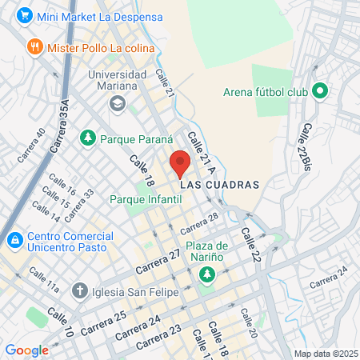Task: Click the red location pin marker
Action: [x=180, y=162]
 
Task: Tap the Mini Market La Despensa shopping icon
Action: [x=24, y=14]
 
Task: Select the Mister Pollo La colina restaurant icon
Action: [x=34, y=46]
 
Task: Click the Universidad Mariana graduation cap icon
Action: [x=118, y=102]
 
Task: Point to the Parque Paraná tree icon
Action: [x=87, y=138]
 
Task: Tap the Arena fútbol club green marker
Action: [x=320, y=91]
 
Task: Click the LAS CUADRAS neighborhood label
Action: [x=220, y=185]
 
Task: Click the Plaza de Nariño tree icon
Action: [x=207, y=274]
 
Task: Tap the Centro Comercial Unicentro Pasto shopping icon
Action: [x=14, y=238]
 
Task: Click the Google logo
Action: [x=26, y=350]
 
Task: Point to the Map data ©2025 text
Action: [x=326, y=354]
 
